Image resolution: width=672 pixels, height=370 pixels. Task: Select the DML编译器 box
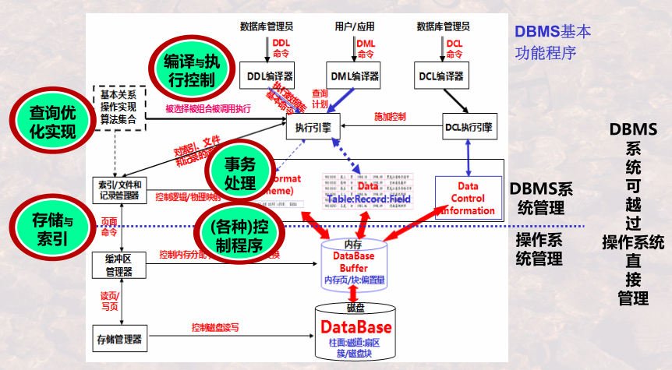(355, 76)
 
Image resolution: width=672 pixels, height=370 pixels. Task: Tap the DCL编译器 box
(441, 76)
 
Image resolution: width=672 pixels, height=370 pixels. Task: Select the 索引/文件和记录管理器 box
(119, 190)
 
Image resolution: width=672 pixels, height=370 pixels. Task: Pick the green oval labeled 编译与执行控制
(189, 69)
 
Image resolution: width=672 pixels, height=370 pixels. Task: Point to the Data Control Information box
(468, 199)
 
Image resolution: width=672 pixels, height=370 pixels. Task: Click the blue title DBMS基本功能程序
(552, 42)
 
